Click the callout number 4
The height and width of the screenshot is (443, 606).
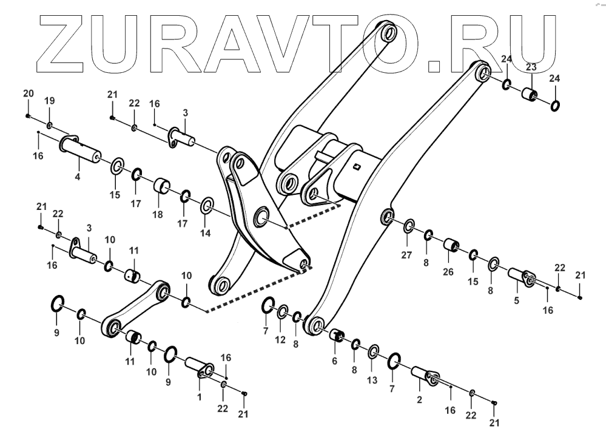pos(78,177)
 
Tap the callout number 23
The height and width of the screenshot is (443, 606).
pos(531,67)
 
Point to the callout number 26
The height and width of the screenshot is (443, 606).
pos(448,271)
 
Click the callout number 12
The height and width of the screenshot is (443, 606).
pos(280,340)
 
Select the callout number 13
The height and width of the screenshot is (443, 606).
pos(372,380)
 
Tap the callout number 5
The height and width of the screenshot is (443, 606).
pos(516,299)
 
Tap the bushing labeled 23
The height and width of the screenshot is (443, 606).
pos(530,95)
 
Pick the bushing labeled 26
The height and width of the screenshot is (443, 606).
pos(451,246)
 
